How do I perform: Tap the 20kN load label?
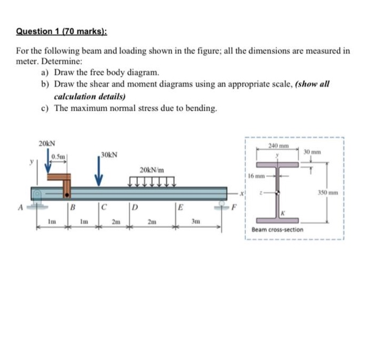click(x=46, y=144)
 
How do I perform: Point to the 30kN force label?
click(x=109, y=154)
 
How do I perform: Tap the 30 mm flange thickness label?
click(x=311, y=152)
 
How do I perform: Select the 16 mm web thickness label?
click(x=256, y=175)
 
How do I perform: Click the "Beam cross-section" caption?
click(x=277, y=230)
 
